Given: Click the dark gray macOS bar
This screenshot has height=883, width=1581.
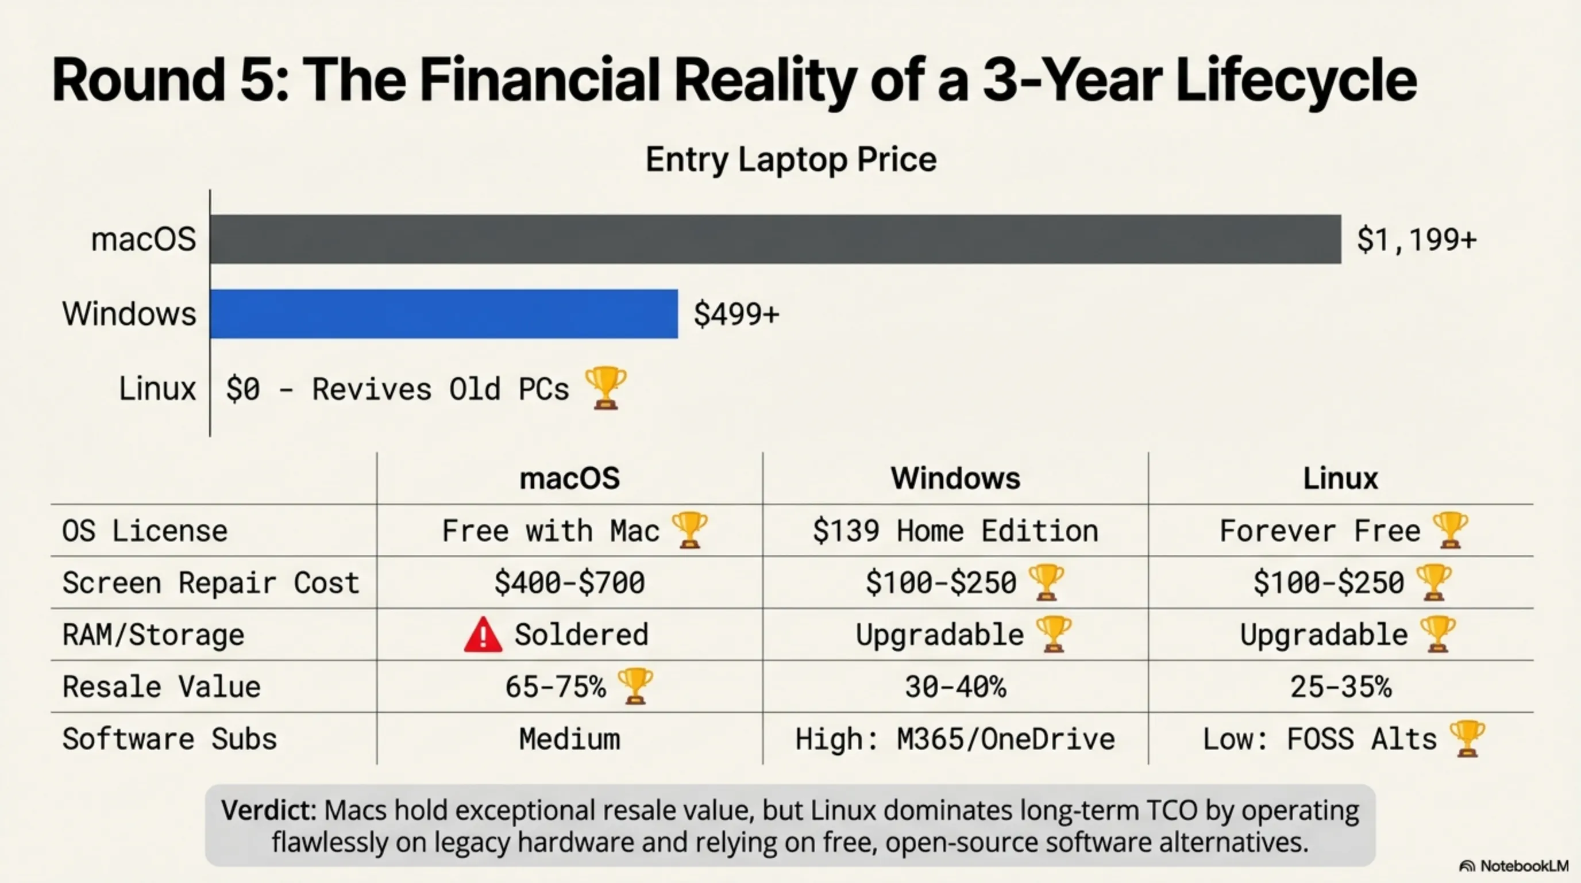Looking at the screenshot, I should pos(774,240).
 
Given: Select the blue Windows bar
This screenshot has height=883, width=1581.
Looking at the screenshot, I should pos(443,314).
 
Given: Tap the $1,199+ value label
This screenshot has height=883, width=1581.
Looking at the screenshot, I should pos(1416,240).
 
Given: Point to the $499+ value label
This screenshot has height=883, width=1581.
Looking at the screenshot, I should pos(735,314).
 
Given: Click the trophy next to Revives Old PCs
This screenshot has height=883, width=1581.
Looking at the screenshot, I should pos(605,387).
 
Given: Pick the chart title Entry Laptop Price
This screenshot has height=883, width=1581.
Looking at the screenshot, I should pos(791,160).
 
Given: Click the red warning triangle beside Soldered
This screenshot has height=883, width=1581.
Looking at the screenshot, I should pos(483,635).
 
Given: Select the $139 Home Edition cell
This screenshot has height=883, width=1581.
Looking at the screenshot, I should pos(955,531).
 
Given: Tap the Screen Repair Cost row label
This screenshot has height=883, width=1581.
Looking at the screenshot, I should pos(210,583).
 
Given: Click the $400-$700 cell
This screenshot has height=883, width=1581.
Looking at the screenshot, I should pos(569,583).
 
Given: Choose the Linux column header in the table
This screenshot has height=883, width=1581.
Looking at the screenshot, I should pos(1340,478).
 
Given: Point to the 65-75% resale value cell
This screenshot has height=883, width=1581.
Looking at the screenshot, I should pos(556,686).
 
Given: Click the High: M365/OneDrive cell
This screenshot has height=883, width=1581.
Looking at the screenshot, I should pos(955,739).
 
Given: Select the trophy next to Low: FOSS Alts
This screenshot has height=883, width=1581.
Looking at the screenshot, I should pos(1467,739).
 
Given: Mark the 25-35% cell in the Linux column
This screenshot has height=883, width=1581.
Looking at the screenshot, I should pos(1340,686).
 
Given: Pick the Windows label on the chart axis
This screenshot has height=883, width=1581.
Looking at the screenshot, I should pos(129,314).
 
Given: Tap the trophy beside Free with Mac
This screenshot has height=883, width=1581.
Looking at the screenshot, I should pos(689,530).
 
